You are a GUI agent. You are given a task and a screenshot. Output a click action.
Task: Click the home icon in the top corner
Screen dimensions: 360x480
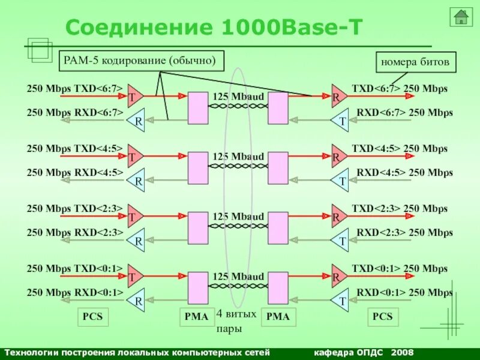461,17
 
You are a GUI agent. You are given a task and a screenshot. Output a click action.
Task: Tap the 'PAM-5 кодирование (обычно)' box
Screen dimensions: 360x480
142,61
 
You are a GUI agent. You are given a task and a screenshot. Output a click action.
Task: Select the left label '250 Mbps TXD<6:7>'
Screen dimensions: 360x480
75,89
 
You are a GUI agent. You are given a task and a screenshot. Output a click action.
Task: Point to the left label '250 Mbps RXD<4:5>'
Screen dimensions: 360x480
75,172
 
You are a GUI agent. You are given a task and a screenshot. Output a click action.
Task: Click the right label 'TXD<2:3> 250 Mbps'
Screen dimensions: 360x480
400,209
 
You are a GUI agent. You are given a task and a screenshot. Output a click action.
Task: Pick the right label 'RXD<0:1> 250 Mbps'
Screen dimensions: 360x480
404,292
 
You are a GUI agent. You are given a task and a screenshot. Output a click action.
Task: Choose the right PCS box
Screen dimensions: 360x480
382,316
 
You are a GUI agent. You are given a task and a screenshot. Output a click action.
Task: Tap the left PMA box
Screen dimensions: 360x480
196,316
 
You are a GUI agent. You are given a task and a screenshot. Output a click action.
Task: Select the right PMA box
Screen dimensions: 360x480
277,316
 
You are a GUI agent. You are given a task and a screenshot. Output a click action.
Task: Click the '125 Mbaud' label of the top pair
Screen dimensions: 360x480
238,97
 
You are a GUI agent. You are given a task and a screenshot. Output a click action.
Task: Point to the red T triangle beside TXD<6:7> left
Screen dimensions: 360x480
134,96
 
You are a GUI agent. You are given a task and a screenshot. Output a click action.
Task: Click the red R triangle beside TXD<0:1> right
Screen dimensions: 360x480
337,277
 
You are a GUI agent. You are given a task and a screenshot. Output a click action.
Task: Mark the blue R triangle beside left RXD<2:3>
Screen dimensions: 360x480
137,240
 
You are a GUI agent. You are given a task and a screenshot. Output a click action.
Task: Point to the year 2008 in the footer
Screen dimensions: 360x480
402,352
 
